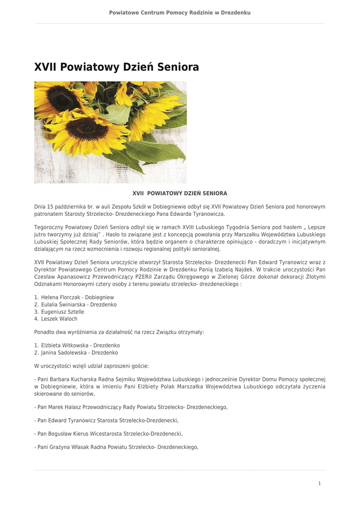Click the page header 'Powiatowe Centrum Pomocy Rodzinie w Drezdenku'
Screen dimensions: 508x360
click(x=180, y=12)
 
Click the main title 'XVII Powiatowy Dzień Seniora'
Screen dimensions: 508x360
click(x=117, y=67)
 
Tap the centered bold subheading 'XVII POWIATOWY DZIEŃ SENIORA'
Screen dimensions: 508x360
click(x=180, y=193)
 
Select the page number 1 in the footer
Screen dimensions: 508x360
click(x=319, y=483)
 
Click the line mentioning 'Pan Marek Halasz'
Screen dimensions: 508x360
click(x=131, y=407)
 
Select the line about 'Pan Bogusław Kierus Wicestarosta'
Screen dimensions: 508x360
click(x=108, y=434)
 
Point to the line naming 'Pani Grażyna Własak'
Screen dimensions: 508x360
click(x=116, y=447)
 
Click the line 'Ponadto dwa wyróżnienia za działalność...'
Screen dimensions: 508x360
click(x=119, y=332)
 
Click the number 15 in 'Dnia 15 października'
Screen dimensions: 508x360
click(x=50, y=206)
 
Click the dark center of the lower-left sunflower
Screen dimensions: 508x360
click(x=87, y=128)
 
